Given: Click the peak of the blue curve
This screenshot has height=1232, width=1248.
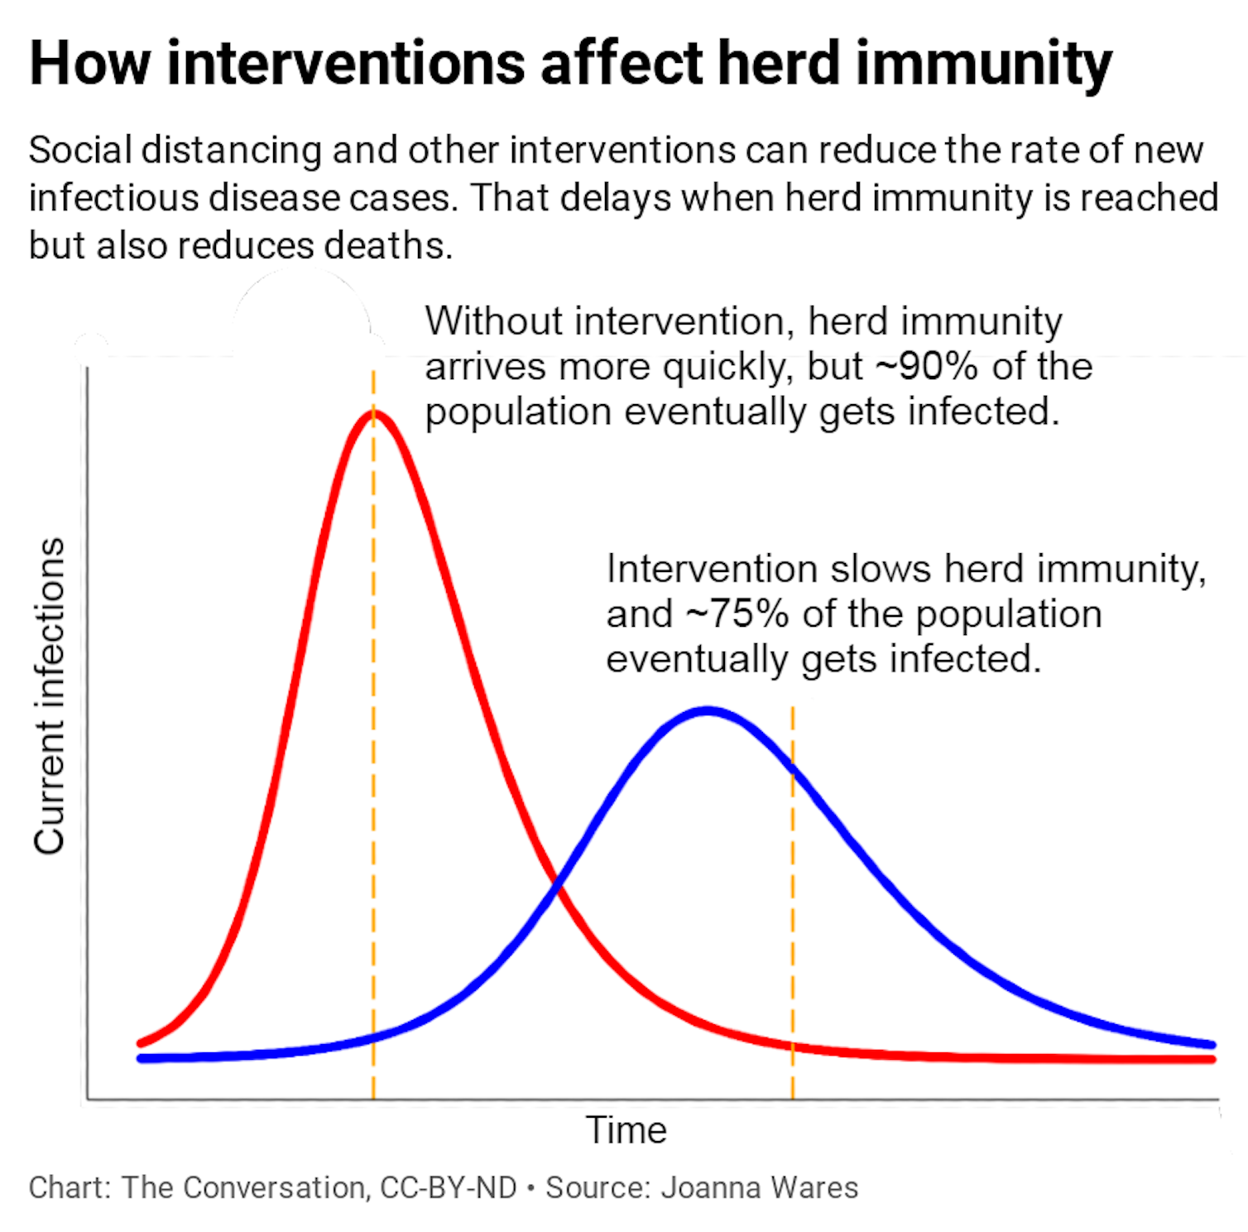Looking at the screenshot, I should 708,710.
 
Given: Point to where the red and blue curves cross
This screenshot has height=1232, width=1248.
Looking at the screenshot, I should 557,888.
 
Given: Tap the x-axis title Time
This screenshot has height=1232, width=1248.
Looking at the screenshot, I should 626,1130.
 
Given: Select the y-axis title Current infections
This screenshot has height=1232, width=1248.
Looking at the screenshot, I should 49,695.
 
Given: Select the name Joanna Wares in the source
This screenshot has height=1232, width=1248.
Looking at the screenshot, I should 760,1187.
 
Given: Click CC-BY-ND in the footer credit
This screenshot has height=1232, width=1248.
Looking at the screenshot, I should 449,1187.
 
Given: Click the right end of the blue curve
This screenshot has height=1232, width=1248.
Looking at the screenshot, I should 1212,1045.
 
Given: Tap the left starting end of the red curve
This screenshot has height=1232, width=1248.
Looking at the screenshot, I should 140,1043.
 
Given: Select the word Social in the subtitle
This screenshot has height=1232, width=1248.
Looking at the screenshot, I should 80,151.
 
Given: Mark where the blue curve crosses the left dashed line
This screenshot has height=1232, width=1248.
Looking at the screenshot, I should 373,1037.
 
